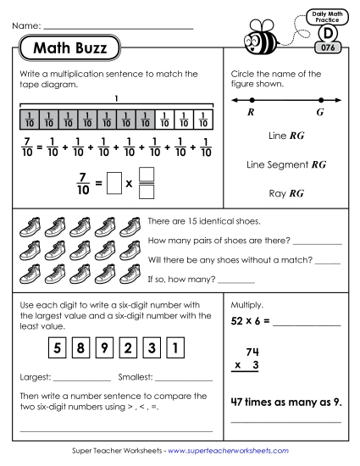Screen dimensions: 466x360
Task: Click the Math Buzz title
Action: [x=69, y=49]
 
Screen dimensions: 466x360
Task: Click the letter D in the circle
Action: [x=327, y=33]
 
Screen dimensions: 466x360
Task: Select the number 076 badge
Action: [x=327, y=48]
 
